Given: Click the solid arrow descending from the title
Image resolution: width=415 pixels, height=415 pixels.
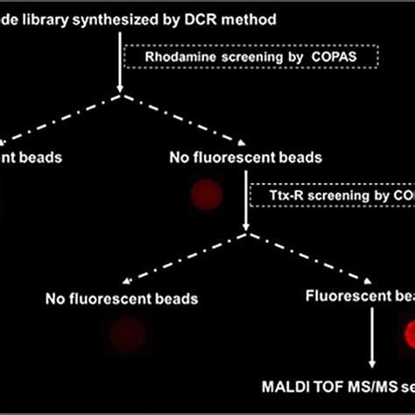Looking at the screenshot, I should (x=118, y=61).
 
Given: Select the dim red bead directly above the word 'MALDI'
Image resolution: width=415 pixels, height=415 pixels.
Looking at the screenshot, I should (x=128, y=334).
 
